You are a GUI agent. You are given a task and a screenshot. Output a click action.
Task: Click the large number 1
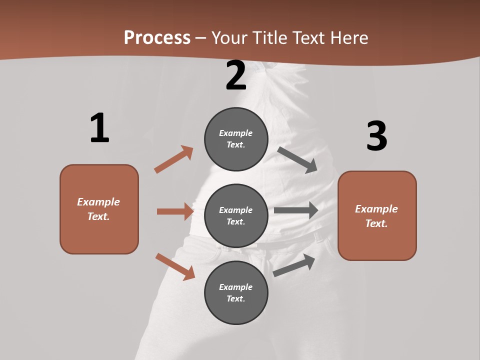99,128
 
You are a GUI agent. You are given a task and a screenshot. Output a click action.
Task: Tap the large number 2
236,75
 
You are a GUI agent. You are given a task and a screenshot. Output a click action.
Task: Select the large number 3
376,136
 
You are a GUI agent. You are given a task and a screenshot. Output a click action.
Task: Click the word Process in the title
157,37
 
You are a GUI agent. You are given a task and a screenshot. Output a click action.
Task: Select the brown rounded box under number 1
99,209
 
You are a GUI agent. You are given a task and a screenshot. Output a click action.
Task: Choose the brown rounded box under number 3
377,215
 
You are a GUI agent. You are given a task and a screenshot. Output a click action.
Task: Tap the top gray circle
236,139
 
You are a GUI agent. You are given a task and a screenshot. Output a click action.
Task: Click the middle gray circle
236,215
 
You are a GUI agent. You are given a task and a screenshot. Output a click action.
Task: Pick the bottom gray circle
236,292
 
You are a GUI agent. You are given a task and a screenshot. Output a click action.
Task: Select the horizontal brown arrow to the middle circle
175,211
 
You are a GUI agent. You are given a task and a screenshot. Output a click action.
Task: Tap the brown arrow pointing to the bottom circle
175,266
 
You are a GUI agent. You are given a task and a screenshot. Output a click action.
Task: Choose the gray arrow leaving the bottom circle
294,265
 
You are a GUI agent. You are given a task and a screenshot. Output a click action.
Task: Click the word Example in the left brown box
98,202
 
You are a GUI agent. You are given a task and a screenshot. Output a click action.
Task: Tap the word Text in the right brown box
376,223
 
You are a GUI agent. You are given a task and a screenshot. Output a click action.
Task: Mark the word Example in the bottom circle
236,287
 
